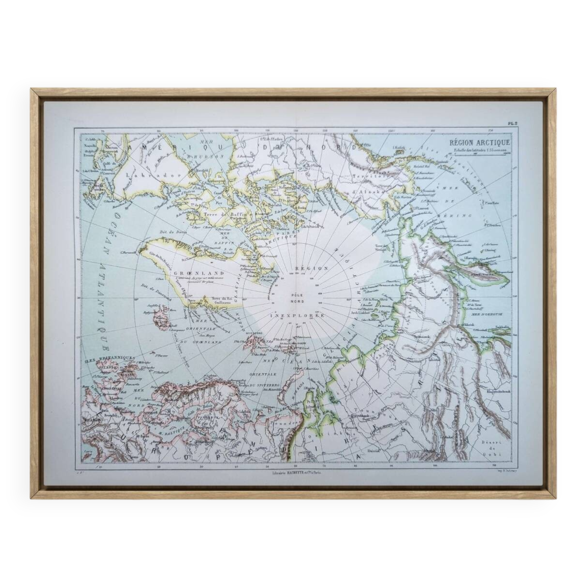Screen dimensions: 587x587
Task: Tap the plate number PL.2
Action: coord(513,123)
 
